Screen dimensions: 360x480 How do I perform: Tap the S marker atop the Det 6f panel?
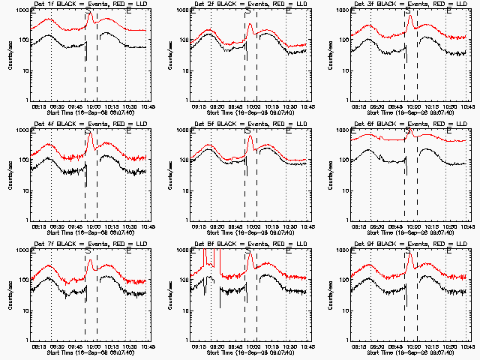pos(408,131)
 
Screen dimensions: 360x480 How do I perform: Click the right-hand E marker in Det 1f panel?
pos(129,11)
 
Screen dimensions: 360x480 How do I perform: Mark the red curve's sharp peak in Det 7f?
pos(89,259)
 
